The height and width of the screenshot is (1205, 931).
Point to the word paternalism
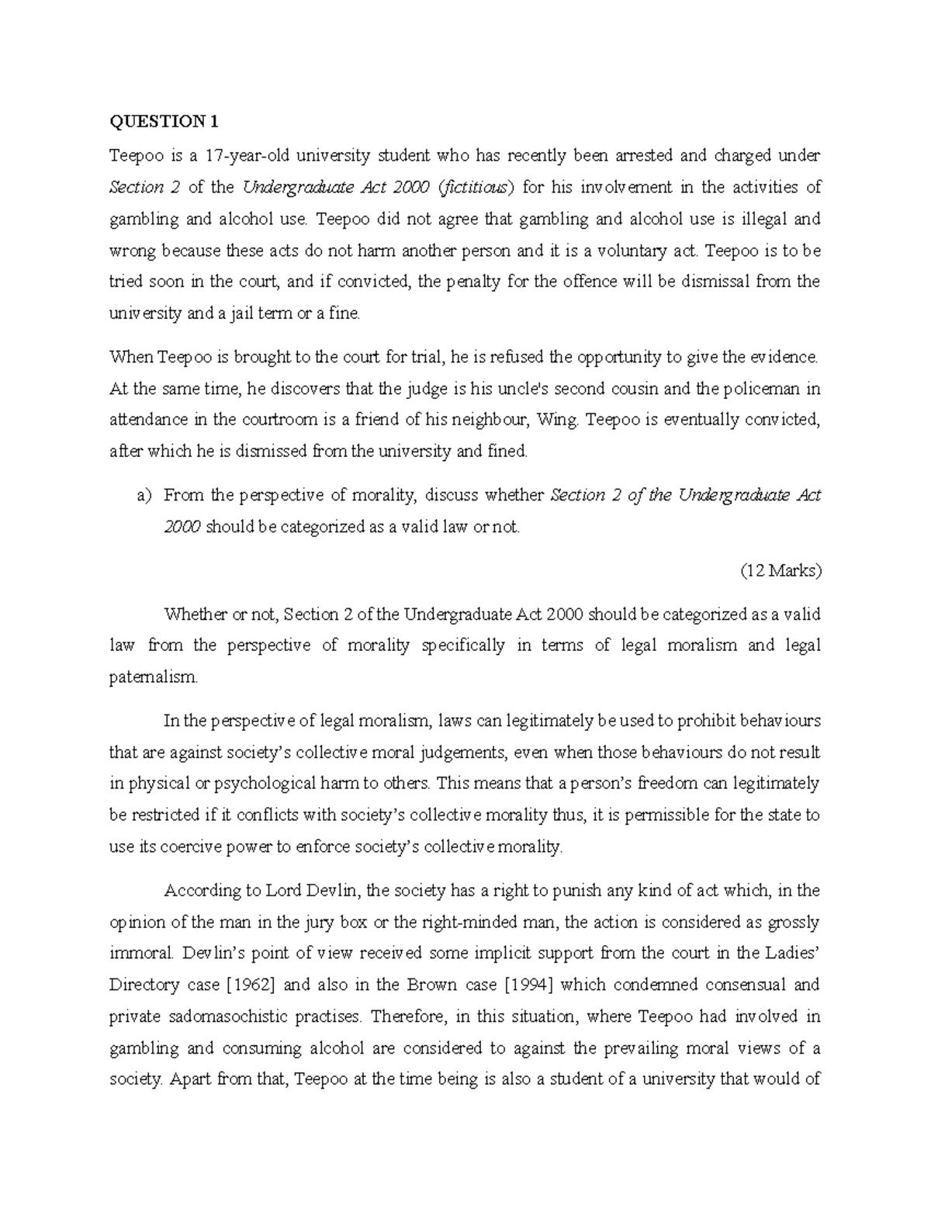pyautogui.click(x=154, y=677)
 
